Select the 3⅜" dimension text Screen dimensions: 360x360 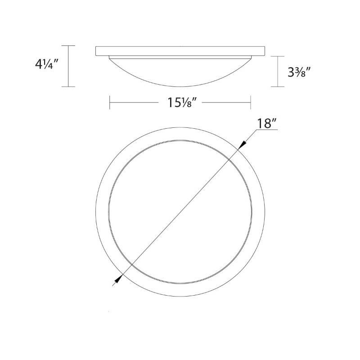click(299, 72)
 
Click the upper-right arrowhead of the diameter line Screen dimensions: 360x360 click(243, 145)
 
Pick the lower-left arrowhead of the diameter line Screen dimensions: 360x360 click(118, 279)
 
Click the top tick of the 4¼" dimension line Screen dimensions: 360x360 click(68, 46)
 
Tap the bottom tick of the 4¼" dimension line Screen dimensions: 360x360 click(68, 86)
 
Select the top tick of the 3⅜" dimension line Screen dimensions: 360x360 click(278, 56)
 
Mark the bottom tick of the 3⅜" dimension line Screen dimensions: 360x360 click(278, 86)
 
